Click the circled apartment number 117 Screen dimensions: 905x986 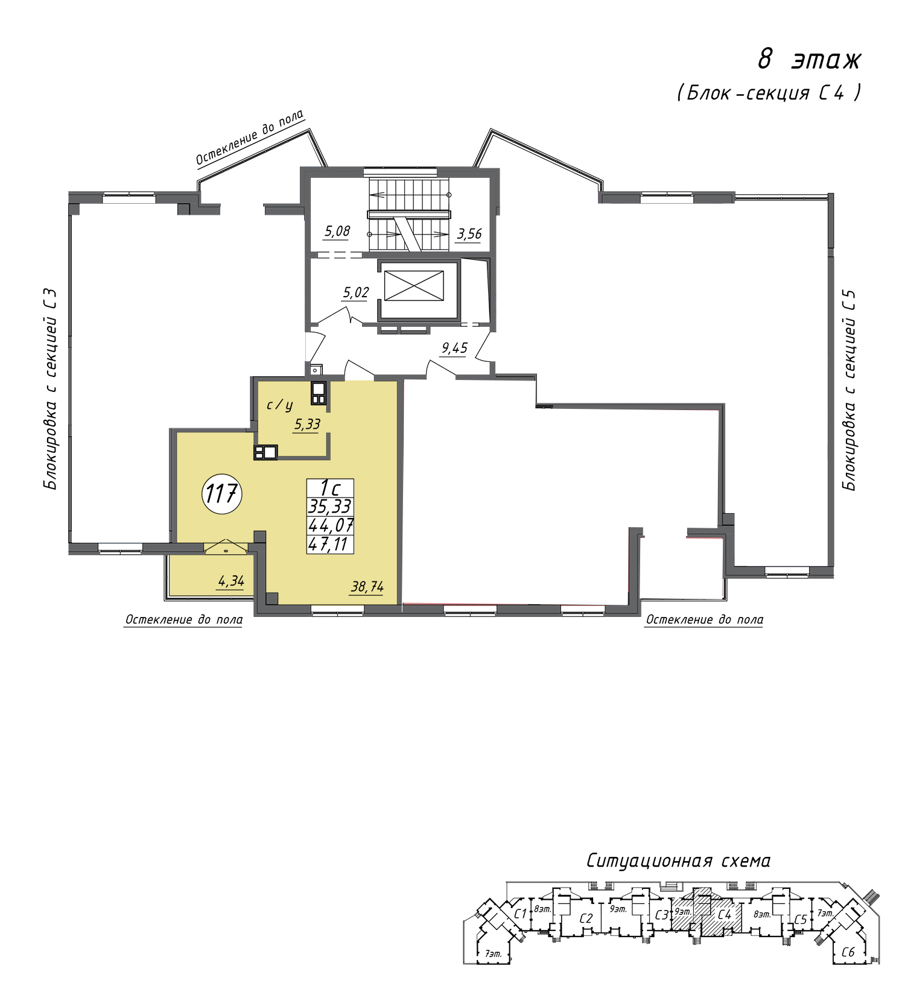(222, 494)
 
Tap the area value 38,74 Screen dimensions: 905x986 (367, 586)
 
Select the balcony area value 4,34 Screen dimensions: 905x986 (231, 581)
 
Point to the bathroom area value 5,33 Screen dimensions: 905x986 (307, 425)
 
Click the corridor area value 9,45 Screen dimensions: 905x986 (454, 348)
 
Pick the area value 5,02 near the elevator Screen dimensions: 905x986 (356, 293)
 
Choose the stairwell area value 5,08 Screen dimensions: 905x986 (337, 231)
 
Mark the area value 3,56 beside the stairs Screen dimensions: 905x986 (469, 233)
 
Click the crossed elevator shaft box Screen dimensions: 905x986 (414, 285)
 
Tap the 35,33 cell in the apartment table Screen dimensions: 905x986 (330, 507)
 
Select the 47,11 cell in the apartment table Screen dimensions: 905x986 (330, 545)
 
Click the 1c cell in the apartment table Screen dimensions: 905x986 (330, 488)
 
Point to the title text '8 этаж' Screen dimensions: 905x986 (809, 60)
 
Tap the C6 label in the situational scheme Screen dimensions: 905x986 (848, 952)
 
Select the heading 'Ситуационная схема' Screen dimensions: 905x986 (678, 861)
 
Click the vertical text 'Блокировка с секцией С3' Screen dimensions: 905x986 (51, 390)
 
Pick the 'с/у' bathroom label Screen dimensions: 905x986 (280, 405)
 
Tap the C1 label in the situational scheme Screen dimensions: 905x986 (521, 913)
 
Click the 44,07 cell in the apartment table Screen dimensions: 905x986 (330, 526)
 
